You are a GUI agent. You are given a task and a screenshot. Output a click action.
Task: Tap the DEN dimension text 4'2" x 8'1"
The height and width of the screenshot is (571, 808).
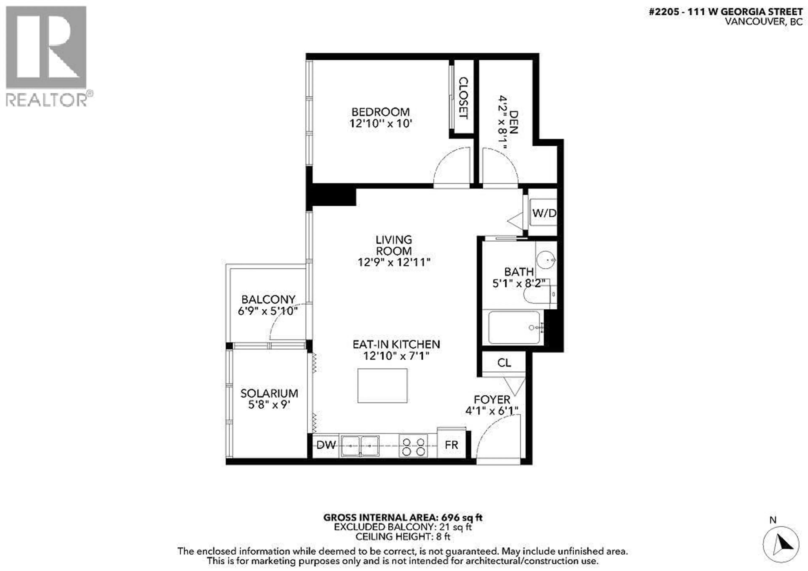(x=502, y=122)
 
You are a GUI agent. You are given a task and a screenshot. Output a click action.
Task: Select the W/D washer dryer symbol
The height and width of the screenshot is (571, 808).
(x=544, y=213)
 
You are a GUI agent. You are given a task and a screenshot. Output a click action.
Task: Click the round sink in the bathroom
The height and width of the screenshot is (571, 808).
(x=545, y=260)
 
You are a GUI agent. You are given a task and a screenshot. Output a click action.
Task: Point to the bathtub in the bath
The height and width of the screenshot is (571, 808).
(x=514, y=327)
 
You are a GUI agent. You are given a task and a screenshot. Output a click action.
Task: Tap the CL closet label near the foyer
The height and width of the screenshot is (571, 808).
(x=504, y=363)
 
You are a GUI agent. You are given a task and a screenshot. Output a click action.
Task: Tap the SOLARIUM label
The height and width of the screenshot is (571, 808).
(x=269, y=393)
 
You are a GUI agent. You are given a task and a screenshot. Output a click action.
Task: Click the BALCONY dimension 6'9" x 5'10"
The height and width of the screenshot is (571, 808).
(x=268, y=311)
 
